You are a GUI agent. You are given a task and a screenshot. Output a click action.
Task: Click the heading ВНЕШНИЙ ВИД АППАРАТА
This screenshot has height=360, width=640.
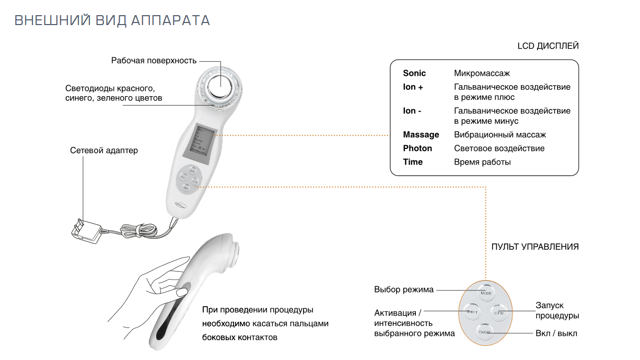(112, 20)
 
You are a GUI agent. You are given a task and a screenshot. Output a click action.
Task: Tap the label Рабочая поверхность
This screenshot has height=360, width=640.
(154, 61)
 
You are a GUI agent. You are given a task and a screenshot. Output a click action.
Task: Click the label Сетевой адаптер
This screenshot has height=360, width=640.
(104, 150)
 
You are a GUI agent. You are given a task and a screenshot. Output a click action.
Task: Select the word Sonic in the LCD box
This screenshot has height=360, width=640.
(414, 73)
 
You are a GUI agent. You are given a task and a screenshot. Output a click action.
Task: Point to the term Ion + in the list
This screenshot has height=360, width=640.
(413, 87)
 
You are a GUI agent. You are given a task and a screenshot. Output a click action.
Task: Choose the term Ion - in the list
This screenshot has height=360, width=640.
(412, 111)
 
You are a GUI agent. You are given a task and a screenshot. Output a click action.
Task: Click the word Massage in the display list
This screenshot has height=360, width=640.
(421, 135)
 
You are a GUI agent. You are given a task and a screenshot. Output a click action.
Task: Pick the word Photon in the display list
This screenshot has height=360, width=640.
(417, 148)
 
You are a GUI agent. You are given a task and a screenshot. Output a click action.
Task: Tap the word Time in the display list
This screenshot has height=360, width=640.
(413, 162)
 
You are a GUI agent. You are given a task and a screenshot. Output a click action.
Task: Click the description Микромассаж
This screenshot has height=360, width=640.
(482, 73)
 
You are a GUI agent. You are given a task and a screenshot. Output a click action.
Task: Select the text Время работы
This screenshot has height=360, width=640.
(482, 162)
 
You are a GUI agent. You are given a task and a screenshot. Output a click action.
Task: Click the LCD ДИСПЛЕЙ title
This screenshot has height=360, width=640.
(548, 46)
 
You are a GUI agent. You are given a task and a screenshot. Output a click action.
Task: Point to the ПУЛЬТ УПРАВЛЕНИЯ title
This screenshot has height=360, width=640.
(535, 247)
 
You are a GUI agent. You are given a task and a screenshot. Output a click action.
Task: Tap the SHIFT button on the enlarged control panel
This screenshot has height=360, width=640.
(472, 312)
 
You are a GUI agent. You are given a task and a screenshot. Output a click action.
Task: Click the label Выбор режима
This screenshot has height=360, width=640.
(404, 290)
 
